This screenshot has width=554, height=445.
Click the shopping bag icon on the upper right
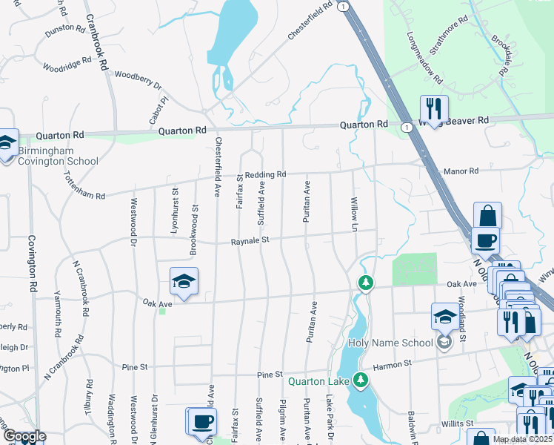coord(487,216)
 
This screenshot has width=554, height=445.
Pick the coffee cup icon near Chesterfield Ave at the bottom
coord(202,421)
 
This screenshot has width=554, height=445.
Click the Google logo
coord(24,437)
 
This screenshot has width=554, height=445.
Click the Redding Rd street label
coord(265,174)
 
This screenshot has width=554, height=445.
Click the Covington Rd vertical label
coord(33,263)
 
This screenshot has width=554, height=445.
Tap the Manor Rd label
coord(461,171)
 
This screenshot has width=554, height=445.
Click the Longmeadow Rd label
coord(424,58)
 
